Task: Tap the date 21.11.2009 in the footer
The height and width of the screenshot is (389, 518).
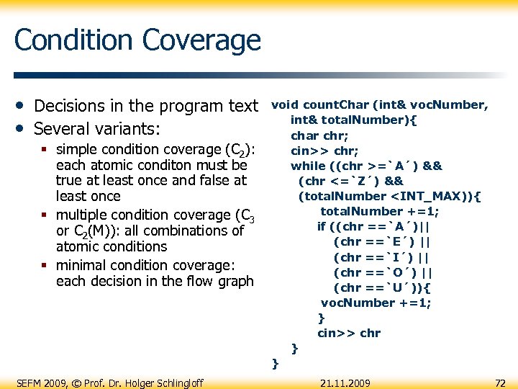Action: coord(345,383)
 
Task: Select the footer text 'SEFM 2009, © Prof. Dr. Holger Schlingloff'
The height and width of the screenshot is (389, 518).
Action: coord(109,383)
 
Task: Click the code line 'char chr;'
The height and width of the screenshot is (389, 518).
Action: coord(319,135)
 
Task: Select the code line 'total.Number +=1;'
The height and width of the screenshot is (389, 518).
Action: coord(379,211)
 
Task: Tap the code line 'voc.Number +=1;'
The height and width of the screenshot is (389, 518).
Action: coord(376,303)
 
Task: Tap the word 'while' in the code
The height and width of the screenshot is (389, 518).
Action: coord(307,166)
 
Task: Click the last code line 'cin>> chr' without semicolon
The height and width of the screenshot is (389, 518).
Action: coord(349,333)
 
